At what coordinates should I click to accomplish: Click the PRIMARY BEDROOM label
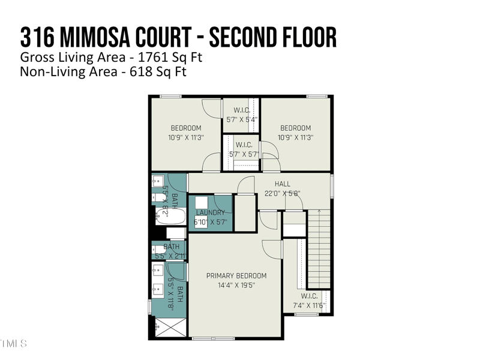(236, 276)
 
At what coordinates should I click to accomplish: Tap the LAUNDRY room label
(209, 212)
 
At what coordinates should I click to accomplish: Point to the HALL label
(283, 184)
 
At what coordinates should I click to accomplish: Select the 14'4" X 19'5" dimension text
(236, 286)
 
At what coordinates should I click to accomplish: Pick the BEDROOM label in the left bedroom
(186, 128)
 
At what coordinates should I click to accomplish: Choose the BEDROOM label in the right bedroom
(296, 128)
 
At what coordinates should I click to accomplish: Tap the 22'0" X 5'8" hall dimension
(282, 193)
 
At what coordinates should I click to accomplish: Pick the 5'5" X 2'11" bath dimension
(171, 256)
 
